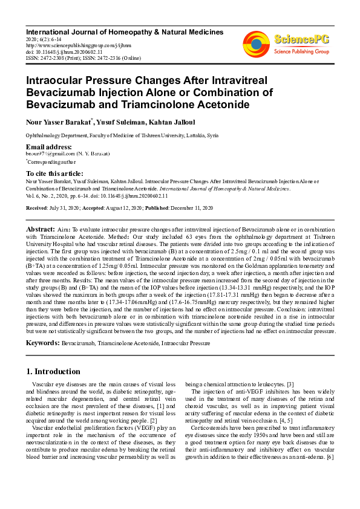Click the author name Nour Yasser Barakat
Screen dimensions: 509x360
[58, 122]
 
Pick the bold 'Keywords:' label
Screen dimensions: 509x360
[42, 342]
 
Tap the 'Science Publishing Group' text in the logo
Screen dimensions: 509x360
[301, 52]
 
